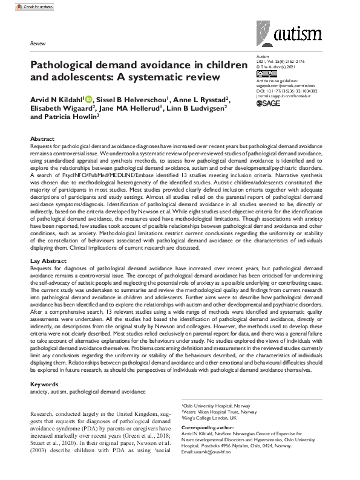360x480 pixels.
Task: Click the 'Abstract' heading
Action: pyautogui.click(x=42, y=139)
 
